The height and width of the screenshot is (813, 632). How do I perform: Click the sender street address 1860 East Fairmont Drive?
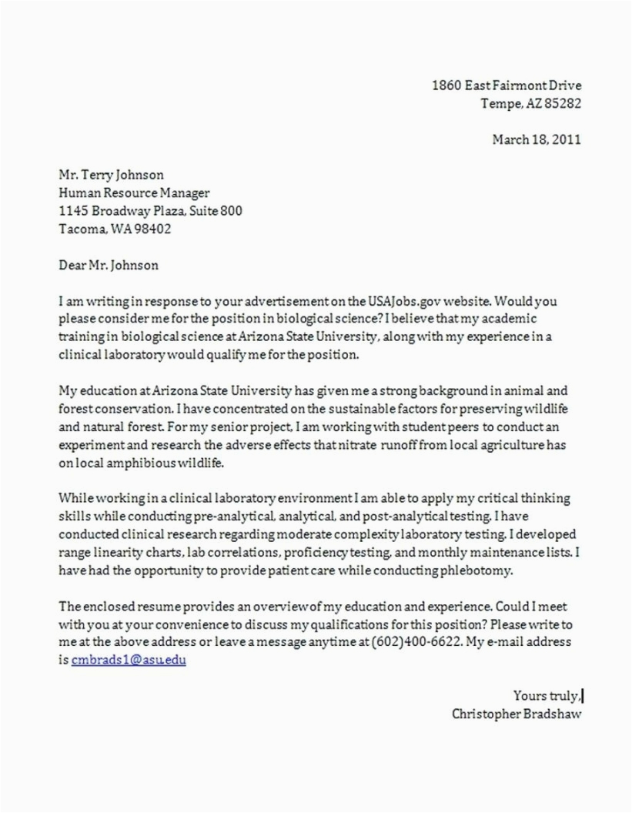(x=506, y=85)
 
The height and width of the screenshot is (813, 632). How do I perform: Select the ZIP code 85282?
(x=563, y=103)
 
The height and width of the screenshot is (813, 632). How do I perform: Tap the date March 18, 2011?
(x=537, y=139)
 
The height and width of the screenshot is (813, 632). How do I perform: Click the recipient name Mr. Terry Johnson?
(x=111, y=175)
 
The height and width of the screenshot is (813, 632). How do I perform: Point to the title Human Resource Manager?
(x=134, y=193)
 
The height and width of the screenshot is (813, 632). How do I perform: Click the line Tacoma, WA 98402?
(x=115, y=229)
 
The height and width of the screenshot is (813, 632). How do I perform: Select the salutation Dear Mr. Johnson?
(x=109, y=265)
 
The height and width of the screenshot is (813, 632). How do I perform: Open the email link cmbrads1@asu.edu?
(x=129, y=660)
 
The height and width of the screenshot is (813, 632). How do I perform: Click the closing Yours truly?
(x=546, y=696)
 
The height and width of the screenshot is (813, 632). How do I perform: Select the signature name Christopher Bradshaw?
(x=517, y=714)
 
